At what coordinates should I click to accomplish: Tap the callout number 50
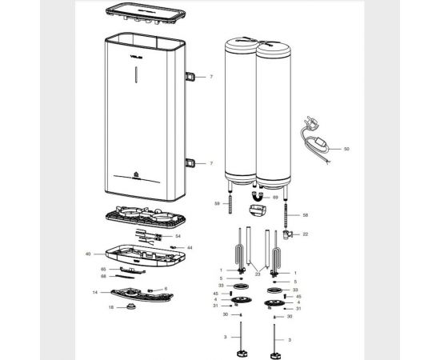pyautogui.click(x=346, y=149)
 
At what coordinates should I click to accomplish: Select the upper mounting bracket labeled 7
pyautogui.click(x=193, y=76)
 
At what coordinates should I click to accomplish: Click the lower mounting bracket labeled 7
pyautogui.click(x=193, y=162)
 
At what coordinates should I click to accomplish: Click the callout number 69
pyautogui.click(x=275, y=196)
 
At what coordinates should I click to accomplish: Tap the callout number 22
pyautogui.click(x=305, y=234)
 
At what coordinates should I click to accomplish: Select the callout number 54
pyautogui.click(x=178, y=237)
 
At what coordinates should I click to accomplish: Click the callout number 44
pyautogui.click(x=190, y=248)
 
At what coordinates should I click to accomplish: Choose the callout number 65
pyautogui.click(x=103, y=270)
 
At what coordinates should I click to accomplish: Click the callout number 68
pyautogui.click(x=103, y=277)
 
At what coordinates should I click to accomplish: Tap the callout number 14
pyautogui.click(x=95, y=293)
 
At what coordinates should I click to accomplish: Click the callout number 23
pyautogui.click(x=258, y=274)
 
